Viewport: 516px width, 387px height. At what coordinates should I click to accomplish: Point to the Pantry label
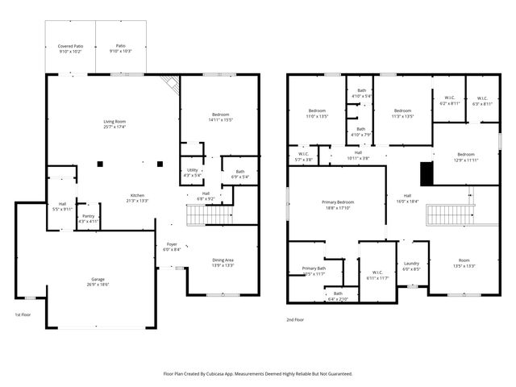88,216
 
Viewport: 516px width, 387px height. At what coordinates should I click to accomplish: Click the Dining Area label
223,260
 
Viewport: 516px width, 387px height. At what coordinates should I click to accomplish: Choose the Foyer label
172,244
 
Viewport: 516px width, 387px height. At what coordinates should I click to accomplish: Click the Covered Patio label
70,47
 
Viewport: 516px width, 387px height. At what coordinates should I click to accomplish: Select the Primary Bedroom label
339,202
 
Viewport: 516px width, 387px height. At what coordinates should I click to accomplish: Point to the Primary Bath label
314,268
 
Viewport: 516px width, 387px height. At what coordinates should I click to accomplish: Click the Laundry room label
411,264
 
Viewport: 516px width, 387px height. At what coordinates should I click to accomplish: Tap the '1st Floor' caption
23,314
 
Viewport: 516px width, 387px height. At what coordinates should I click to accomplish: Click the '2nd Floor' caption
295,319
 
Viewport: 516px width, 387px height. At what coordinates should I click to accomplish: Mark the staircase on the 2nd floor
447,214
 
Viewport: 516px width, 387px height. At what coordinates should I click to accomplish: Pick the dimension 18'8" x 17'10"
339,207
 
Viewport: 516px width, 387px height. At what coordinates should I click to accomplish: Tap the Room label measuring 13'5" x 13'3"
464,260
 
